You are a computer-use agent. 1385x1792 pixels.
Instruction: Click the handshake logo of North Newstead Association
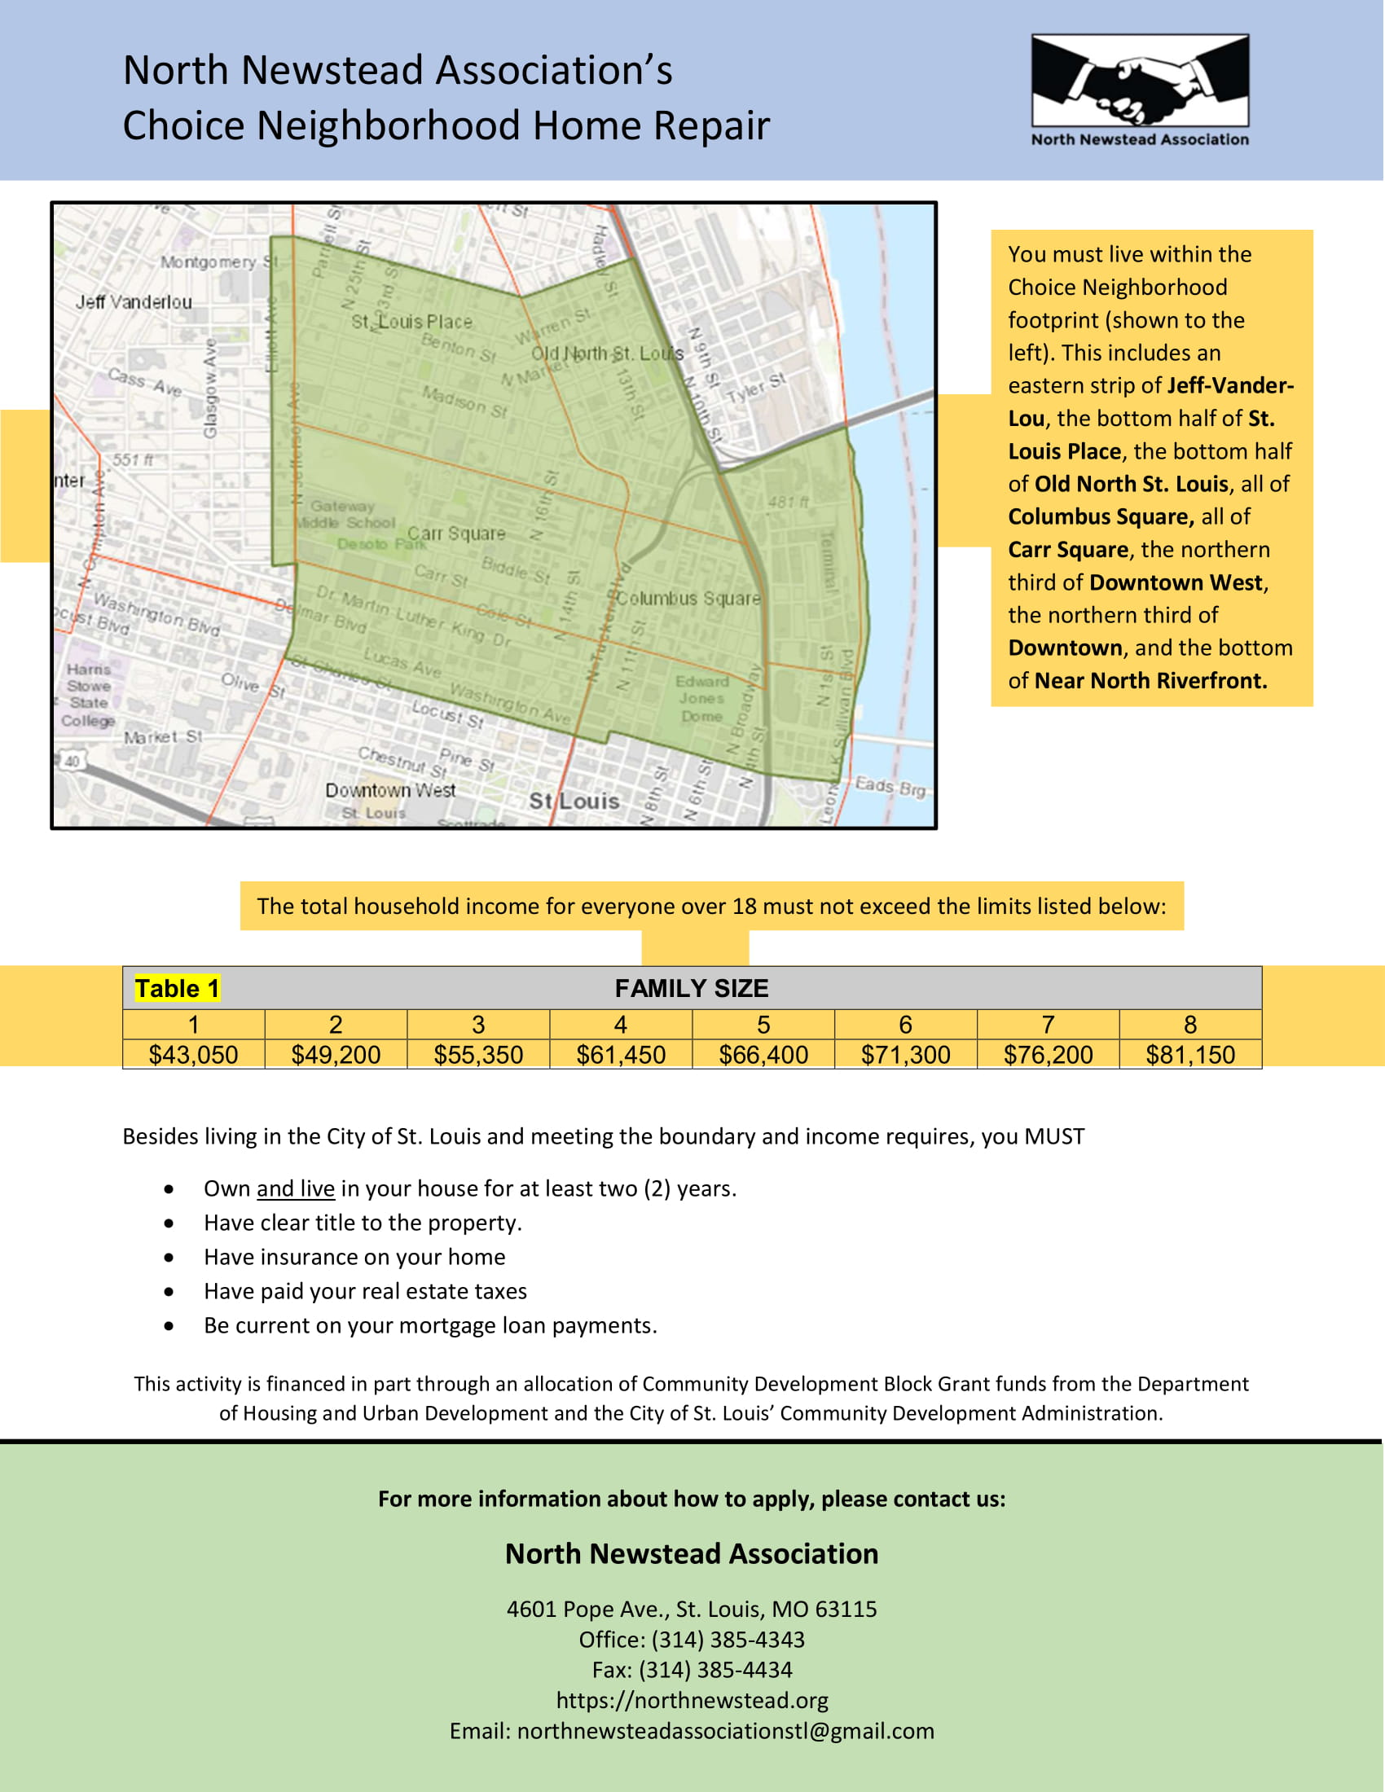(x=1140, y=81)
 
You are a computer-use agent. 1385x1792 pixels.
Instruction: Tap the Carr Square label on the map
(x=456, y=534)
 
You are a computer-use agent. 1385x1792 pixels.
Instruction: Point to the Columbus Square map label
(x=688, y=598)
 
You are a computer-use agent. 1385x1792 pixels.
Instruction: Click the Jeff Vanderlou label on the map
(x=134, y=302)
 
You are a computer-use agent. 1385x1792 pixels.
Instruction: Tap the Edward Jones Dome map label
(x=701, y=699)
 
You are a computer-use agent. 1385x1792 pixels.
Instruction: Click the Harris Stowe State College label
(x=89, y=695)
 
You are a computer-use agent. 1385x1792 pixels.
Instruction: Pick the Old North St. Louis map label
(x=607, y=354)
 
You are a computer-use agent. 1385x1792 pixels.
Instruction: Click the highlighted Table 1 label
(x=178, y=989)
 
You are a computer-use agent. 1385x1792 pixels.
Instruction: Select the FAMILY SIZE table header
(x=692, y=989)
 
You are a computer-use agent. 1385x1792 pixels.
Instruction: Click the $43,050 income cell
(x=194, y=1054)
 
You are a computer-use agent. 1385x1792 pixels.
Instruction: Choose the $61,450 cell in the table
(x=621, y=1054)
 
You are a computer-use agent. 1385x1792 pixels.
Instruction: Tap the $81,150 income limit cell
(x=1190, y=1054)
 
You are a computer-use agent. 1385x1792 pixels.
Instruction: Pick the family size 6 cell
(x=906, y=1025)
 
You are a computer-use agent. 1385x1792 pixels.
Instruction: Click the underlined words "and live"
(x=296, y=1189)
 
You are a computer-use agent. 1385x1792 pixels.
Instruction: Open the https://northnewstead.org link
(x=692, y=1700)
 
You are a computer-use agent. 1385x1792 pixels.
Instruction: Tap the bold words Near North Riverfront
(x=1150, y=681)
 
